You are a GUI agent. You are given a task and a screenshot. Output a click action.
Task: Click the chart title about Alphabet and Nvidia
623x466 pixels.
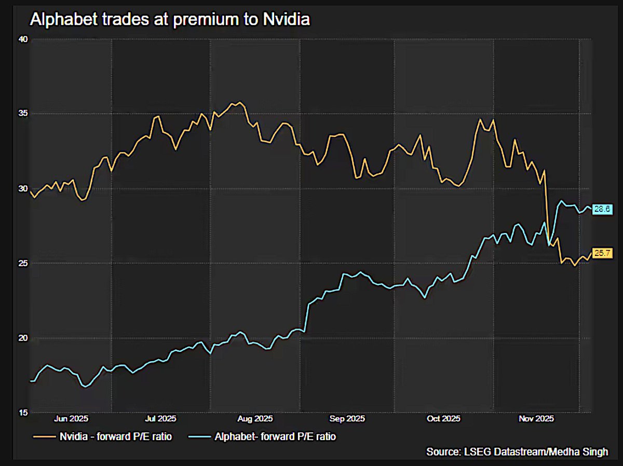point(170,20)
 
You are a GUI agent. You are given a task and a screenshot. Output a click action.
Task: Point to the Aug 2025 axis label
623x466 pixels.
point(255,418)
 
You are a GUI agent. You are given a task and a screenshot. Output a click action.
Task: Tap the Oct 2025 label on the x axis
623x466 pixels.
point(442,418)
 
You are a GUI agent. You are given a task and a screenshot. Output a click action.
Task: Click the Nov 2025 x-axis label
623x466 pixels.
point(537,418)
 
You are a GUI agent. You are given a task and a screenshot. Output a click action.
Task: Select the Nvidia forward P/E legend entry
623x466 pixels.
point(101,437)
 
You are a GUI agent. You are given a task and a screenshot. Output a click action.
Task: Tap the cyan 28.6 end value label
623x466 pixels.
point(603,209)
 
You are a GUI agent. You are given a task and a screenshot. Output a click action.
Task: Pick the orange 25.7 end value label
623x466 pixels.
point(603,254)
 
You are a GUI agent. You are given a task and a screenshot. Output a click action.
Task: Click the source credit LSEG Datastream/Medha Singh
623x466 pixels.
point(517,452)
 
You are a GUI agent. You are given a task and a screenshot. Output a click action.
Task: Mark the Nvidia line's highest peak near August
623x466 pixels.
point(239,102)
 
